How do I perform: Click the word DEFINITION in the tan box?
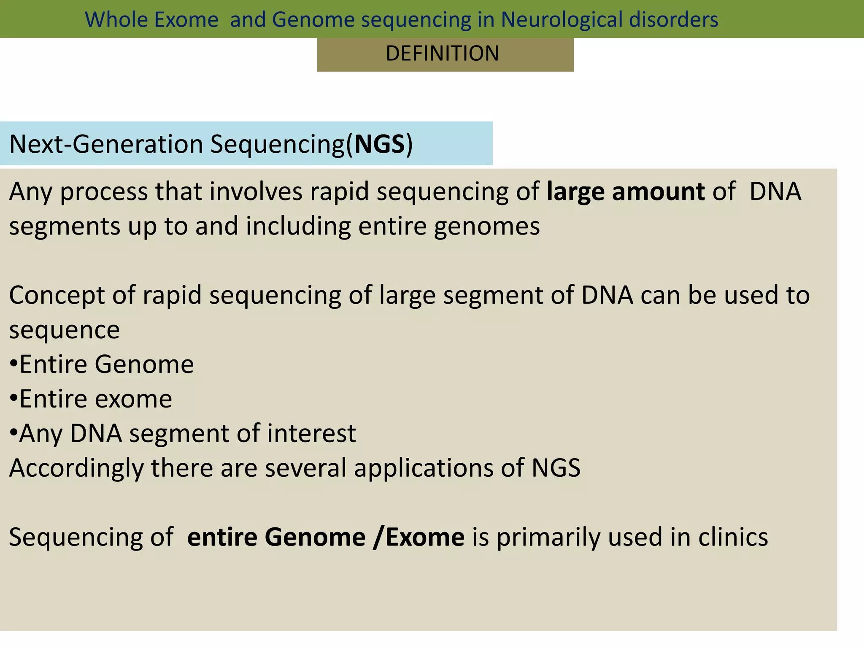tap(442, 54)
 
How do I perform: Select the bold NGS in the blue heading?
tap(380, 144)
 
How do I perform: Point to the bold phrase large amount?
tap(625, 192)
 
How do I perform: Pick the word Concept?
tap(57, 295)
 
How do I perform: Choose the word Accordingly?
tap(76, 468)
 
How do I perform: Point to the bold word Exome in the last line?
tap(425, 537)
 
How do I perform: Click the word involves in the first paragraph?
tap(256, 192)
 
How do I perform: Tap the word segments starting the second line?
tap(65, 226)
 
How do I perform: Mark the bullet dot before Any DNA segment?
tap(13, 433)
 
